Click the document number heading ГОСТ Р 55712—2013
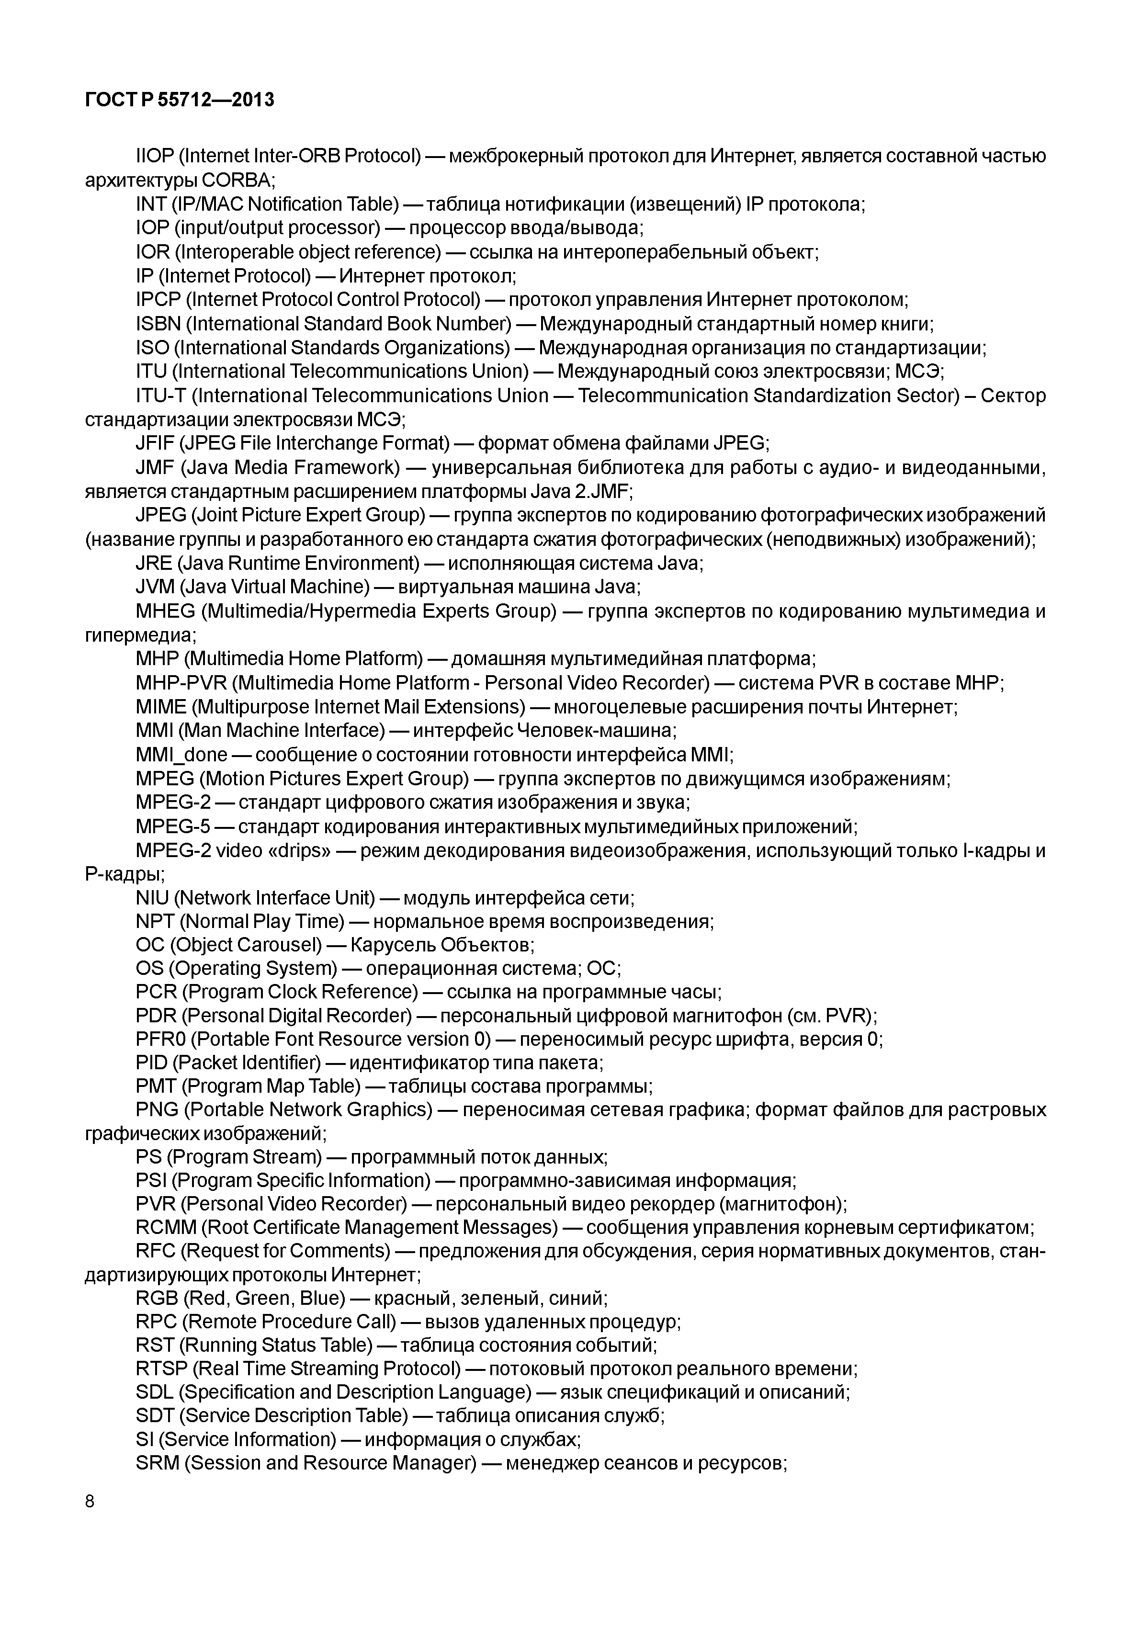179,101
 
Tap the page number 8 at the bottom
89,1501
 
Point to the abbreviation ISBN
158,324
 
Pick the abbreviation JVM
155,587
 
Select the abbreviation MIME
160,707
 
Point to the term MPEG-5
173,826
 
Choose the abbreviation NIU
152,898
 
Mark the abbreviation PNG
157,1110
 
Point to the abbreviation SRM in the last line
157,1463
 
